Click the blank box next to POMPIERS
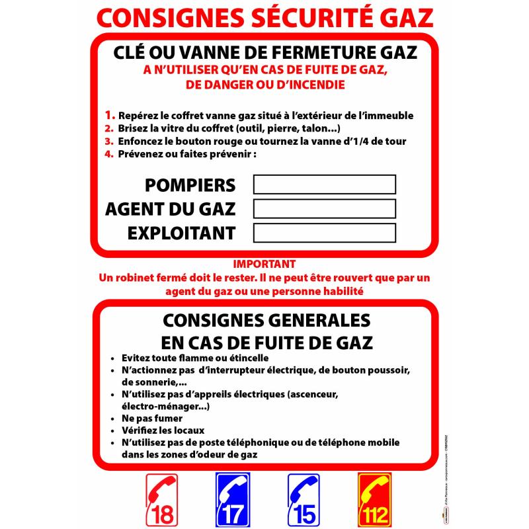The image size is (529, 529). click(325, 184)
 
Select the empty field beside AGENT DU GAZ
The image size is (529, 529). click(325, 209)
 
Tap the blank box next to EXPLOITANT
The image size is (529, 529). click(325, 233)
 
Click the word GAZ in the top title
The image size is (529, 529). click(403, 17)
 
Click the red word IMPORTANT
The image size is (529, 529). click(264, 263)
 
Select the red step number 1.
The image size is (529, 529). click(110, 115)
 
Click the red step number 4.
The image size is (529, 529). click(110, 154)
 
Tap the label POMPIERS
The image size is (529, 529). click(190, 184)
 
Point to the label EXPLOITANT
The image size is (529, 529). click(181, 233)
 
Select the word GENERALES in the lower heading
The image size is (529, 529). click(315, 321)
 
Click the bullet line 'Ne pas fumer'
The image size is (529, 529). click(151, 419)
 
